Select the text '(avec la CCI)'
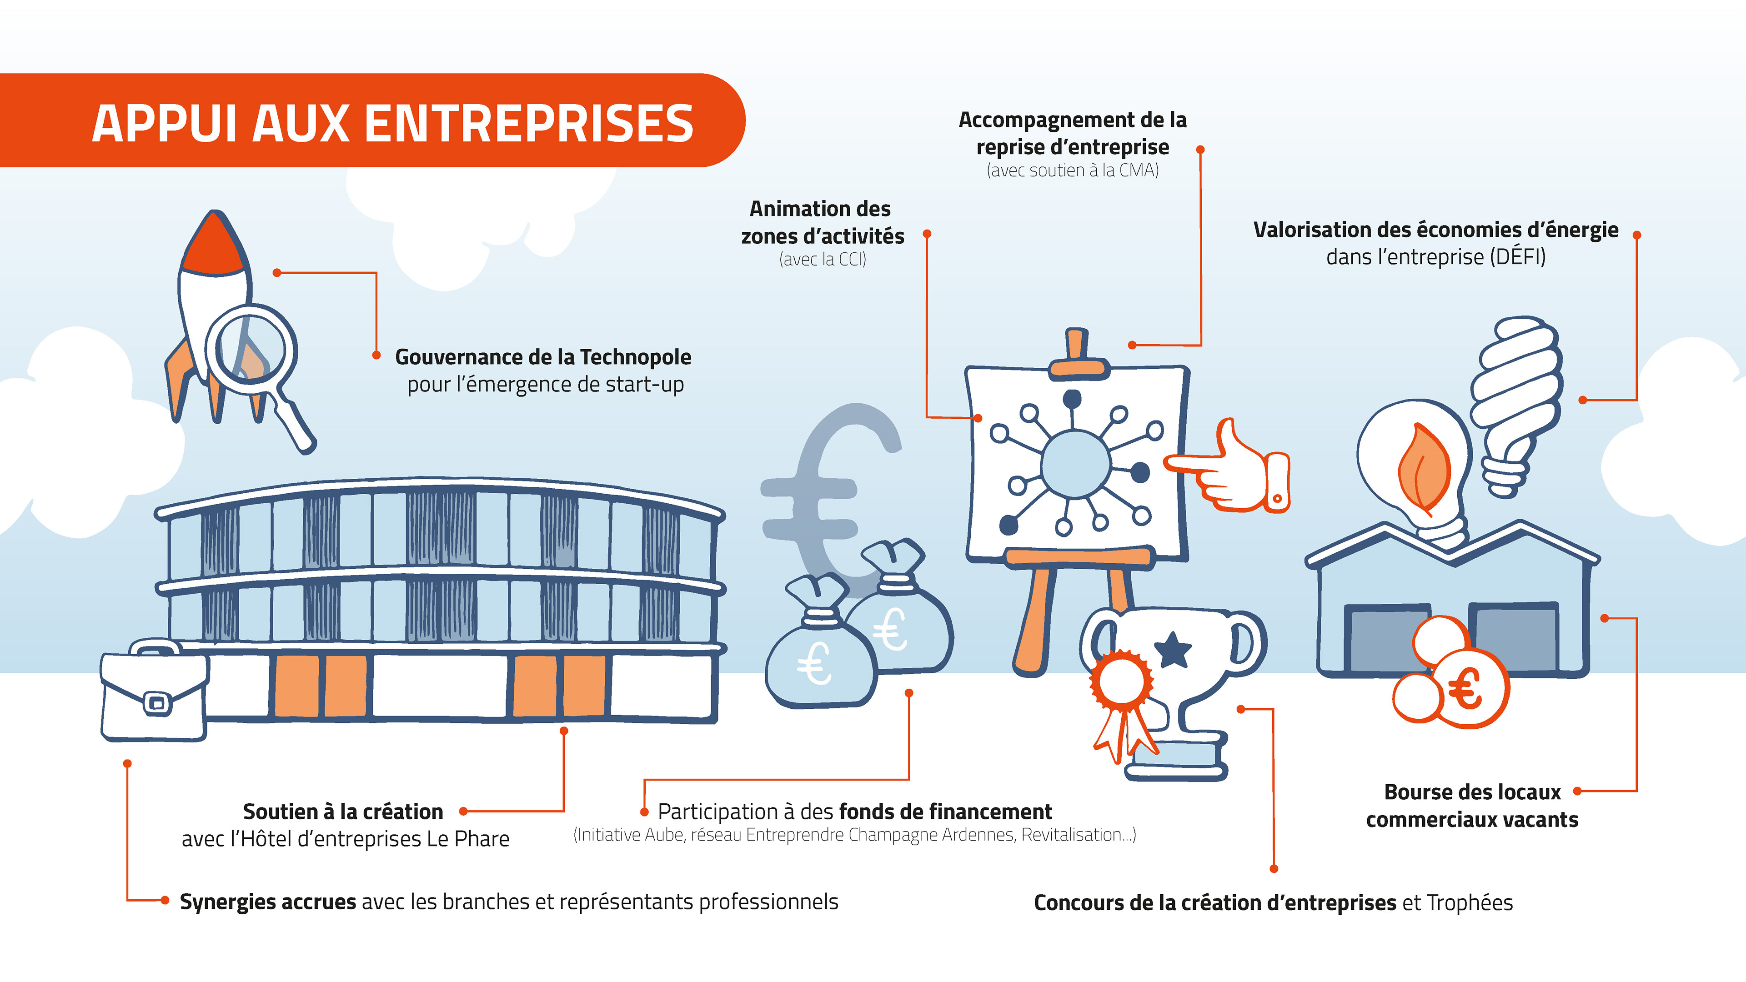822,260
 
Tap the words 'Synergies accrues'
268,902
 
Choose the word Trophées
1470,903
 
